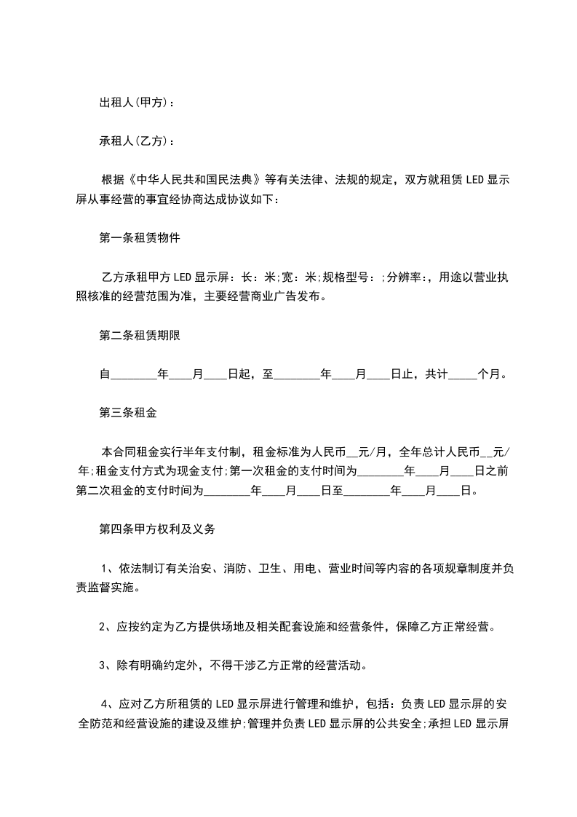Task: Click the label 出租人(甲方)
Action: click(x=135, y=103)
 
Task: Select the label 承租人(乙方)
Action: click(x=135, y=141)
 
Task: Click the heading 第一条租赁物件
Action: click(x=139, y=238)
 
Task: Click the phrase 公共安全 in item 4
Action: click(x=386, y=724)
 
